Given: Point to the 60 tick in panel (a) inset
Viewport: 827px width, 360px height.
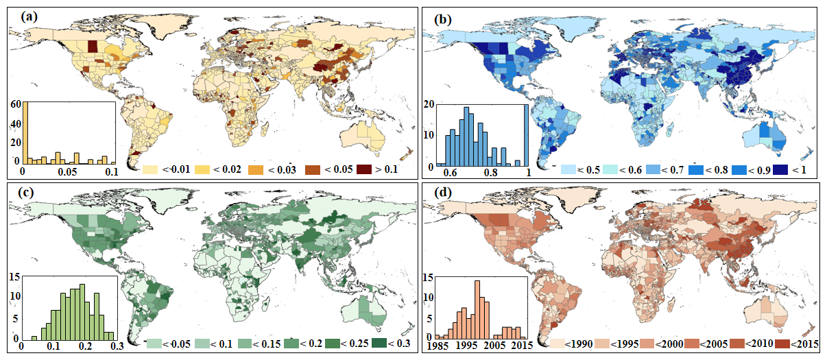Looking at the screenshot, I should coord(14,104).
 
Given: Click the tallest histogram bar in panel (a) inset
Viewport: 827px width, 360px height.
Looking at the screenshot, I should coord(25,134).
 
